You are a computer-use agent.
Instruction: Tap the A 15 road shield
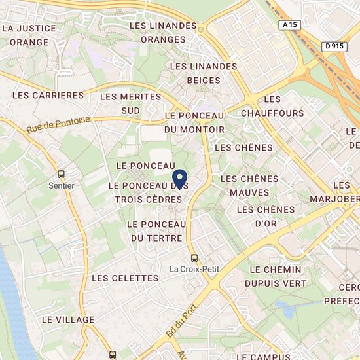[x=290, y=24]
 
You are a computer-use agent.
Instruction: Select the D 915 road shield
[x=334, y=45]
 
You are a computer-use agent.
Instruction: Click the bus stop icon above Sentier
[x=62, y=174]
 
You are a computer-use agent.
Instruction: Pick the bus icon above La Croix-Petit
[x=194, y=257]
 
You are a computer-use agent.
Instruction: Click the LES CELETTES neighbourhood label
[x=125, y=278]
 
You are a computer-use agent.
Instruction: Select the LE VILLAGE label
[x=68, y=319]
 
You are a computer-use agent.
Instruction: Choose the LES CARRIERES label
[x=48, y=95]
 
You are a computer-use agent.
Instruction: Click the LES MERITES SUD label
[x=130, y=103]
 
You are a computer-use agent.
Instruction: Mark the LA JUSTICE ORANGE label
[x=29, y=35]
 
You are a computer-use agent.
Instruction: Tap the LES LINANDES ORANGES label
[x=163, y=32]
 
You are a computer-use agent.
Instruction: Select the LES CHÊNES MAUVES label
[x=249, y=185]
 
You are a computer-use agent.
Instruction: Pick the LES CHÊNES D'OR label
[x=266, y=216]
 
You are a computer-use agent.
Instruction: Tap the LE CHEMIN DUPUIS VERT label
[x=275, y=276]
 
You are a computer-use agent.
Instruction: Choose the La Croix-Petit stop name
[x=194, y=268]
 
